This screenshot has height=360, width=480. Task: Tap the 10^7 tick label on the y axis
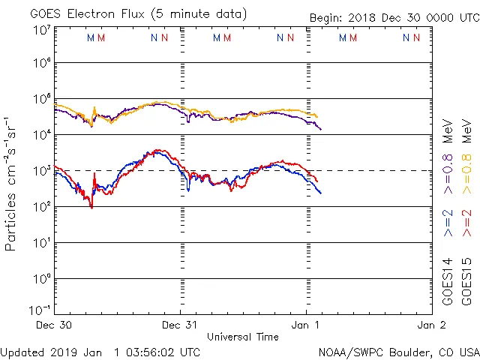(x=41, y=30)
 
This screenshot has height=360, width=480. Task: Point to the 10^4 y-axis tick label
(x=41, y=133)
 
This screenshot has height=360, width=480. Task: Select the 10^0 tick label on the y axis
(x=41, y=277)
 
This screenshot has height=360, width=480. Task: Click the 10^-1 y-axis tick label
(x=40, y=309)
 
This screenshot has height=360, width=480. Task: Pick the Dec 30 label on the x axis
(x=55, y=325)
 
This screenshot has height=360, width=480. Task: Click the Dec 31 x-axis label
(x=181, y=325)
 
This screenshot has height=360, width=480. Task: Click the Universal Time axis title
(x=243, y=337)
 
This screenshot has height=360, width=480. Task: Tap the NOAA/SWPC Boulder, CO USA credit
(x=397, y=352)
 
